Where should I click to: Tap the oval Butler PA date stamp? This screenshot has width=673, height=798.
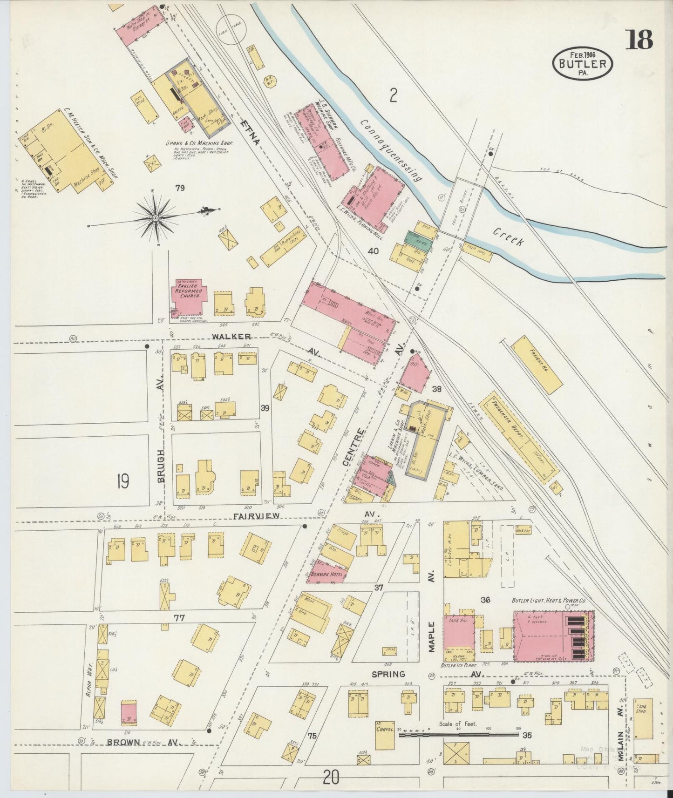(583, 63)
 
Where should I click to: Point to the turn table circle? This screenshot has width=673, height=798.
(231, 29)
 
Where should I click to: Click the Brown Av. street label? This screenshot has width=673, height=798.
(124, 741)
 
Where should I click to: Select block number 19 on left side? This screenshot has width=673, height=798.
(122, 481)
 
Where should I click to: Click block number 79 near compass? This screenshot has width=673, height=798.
(180, 188)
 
